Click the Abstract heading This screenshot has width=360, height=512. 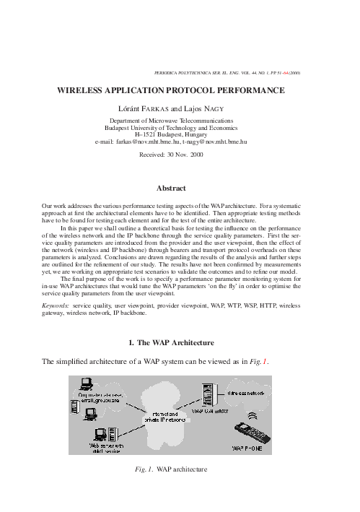180,189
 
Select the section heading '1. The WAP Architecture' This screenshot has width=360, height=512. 180,342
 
